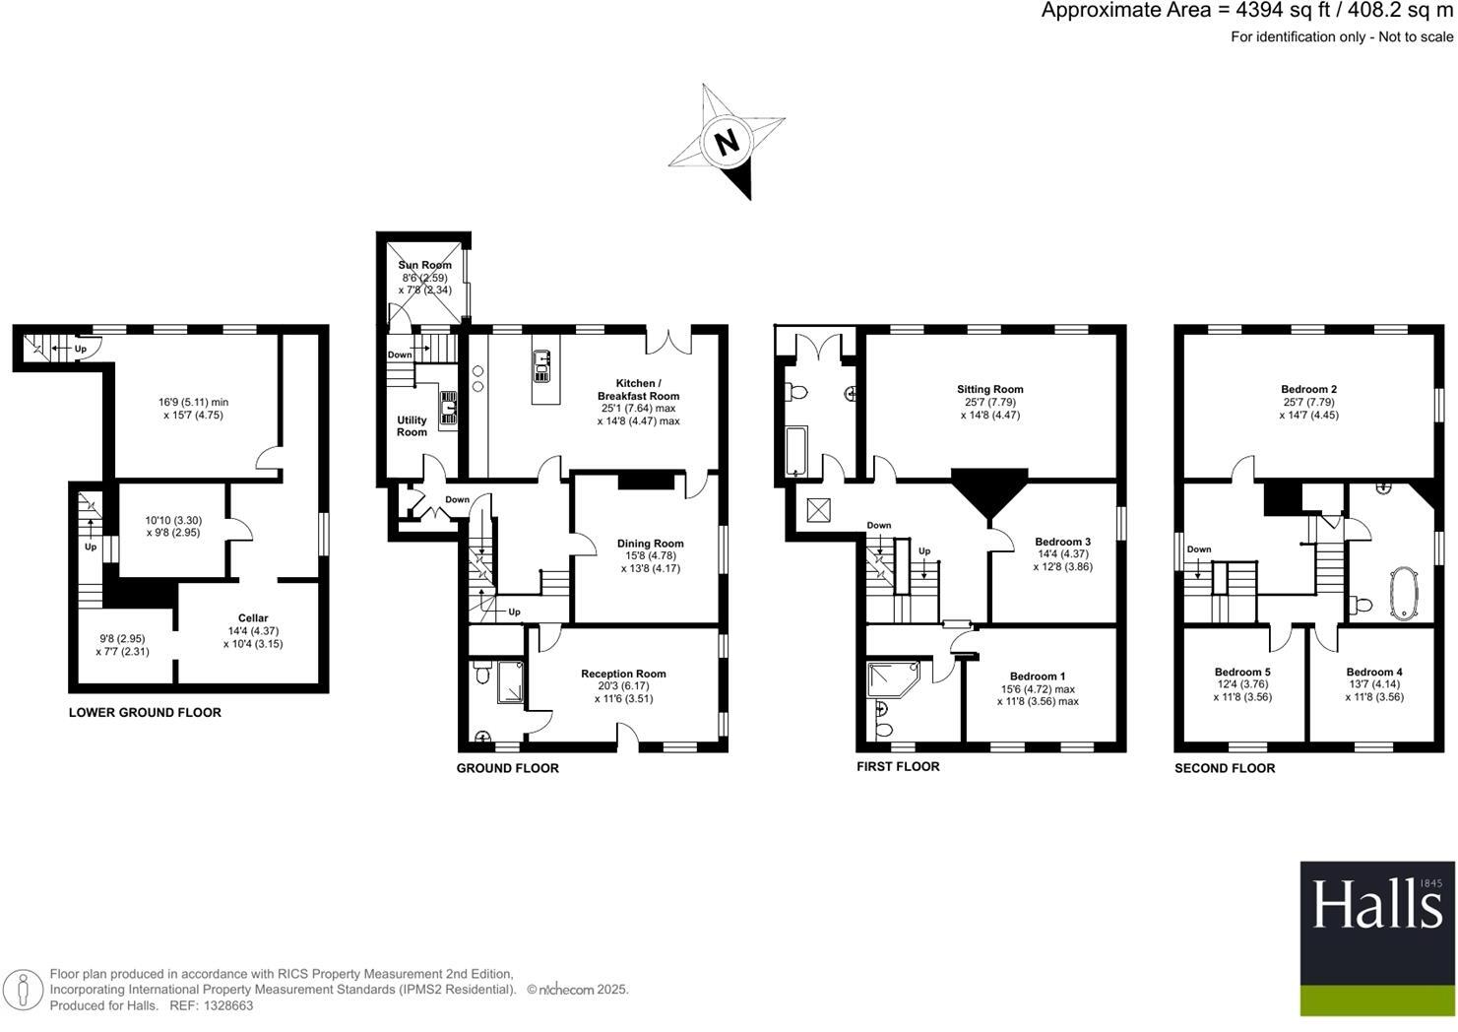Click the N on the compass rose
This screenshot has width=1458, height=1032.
(727, 143)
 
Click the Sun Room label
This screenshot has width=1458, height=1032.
(424, 265)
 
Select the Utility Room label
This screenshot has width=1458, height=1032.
(412, 425)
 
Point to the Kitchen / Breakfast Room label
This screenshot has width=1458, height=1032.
(638, 389)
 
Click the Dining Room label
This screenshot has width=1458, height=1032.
(650, 544)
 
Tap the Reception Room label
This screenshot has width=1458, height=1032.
(623, 674)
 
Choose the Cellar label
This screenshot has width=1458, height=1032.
(253, 618)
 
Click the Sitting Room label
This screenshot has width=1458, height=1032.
(989, 389)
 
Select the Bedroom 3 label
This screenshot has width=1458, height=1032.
(1062, 542)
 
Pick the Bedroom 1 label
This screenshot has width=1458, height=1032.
(1038, 677)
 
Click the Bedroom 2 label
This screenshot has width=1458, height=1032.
(1308, 389)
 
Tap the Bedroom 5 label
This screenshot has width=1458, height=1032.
(1241, 672)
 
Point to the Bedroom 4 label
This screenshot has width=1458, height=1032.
(1374, 672)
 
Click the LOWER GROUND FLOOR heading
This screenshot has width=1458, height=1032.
(145, 712)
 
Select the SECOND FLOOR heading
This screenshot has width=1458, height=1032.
(1224, 768)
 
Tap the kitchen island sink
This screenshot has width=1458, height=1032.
(541, 366)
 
